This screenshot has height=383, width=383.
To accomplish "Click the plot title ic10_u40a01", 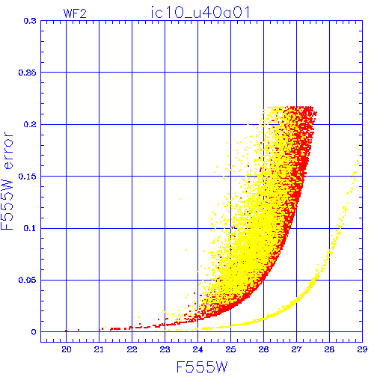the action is [x=200, y=13].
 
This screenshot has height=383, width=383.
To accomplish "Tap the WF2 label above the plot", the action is [x=75, y=13].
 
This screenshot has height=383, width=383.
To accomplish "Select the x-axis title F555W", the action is [x=202, y=367].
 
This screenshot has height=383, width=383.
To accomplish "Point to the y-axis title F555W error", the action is [x=7, y=181].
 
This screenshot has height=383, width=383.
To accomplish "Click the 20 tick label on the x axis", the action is [x=67, y=349].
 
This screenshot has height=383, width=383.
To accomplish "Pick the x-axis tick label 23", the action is [x=165, y=349].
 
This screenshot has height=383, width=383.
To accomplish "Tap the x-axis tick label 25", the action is [x=230, y=349].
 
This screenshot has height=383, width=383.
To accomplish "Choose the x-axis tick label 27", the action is [x=296, y=349].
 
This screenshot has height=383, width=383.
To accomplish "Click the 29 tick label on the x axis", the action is [x=362, y=349].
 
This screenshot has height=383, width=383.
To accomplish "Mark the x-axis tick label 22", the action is [x=132, y=349].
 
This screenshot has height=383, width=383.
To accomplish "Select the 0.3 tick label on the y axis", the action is [x=30, y=21].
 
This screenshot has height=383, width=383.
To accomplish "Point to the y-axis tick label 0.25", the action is [x=28, y=73].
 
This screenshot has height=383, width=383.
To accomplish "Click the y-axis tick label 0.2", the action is [x=30, y=124].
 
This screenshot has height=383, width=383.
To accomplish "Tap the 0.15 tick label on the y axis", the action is [x=28, y=177].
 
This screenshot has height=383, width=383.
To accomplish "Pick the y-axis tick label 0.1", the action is [x=30, y=228].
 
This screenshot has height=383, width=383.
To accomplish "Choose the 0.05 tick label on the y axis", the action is [x=28, y=280].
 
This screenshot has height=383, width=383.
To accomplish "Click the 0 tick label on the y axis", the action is [x=34, y=332].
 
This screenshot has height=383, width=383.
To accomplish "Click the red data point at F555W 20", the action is [x=66, y=331].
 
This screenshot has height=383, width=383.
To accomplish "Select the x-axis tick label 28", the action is [x=329, y=349].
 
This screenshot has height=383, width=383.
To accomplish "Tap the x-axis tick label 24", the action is [x=197, y=349].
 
